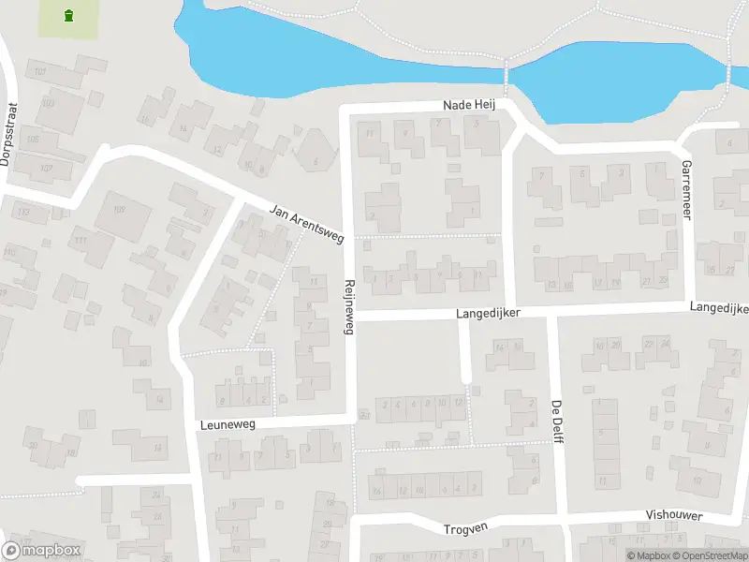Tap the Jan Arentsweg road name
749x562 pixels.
306,224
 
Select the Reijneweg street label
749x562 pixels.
349,307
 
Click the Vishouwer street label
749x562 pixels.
674,516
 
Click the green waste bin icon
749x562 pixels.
67,15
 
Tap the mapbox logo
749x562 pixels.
41,551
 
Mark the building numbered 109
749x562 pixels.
118,209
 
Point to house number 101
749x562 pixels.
39,72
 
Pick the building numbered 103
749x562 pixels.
48,103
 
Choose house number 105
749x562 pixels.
33,139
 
